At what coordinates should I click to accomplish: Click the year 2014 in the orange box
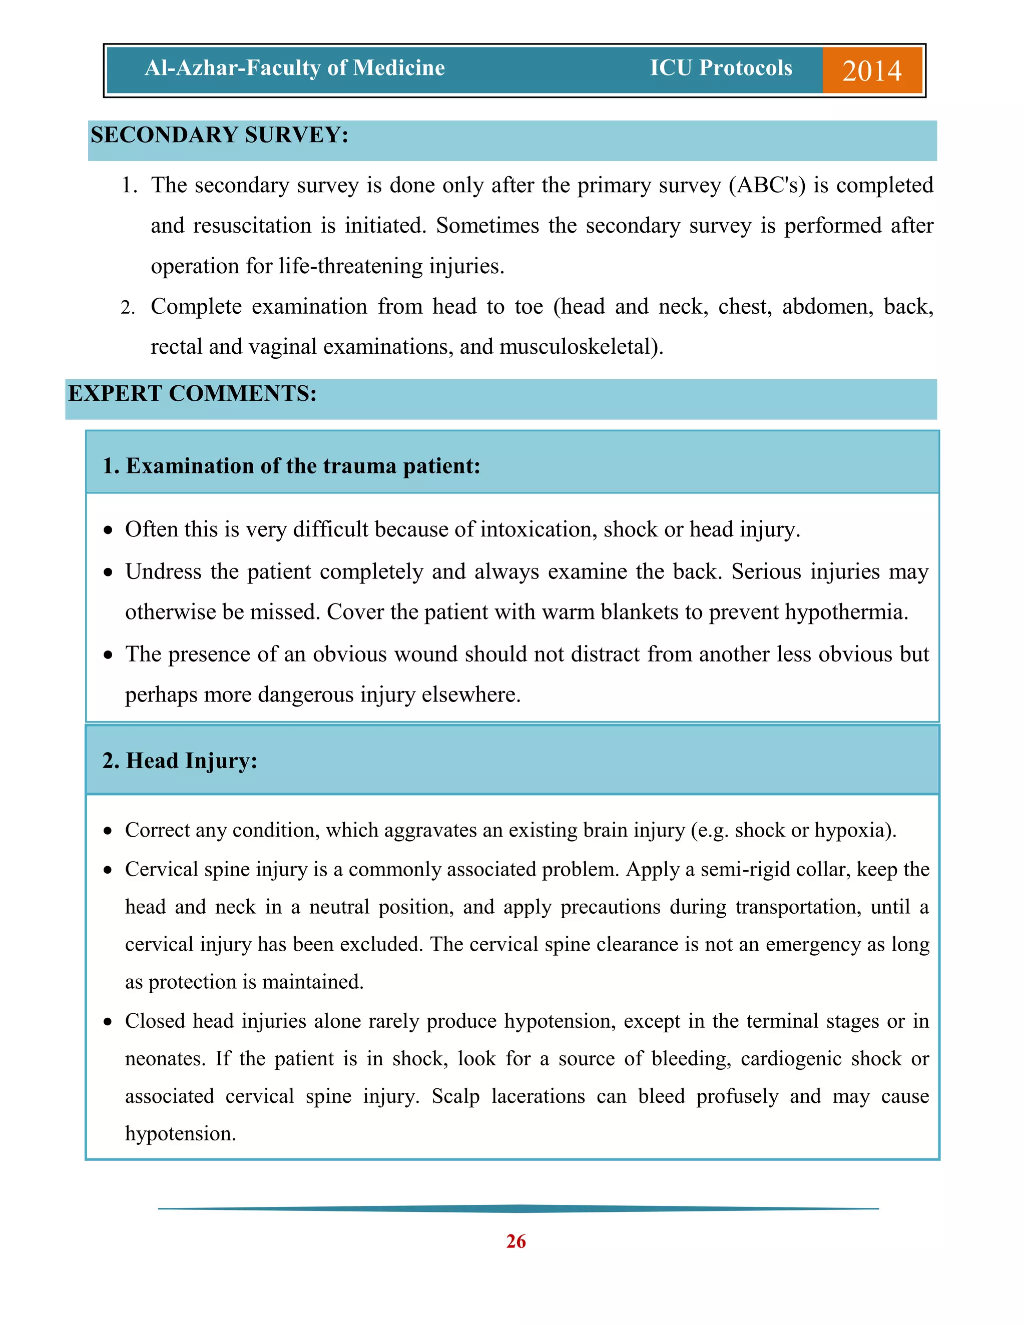coord(871,71)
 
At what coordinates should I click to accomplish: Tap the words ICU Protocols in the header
coord(721,68)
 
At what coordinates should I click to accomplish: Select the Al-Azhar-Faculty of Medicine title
coord(294,68)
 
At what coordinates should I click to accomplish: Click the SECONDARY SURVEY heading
coord(219,135)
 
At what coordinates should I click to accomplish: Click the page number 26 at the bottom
coord(516,1241)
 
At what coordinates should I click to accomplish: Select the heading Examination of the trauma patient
coord(291,466)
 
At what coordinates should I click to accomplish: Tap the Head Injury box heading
coord(180,761)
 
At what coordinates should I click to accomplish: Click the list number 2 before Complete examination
coord(128,308)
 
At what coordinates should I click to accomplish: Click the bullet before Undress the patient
coord(108,572)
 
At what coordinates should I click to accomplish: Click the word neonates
coord(165,1059)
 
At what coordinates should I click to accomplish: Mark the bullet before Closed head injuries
coord(108,1022)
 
